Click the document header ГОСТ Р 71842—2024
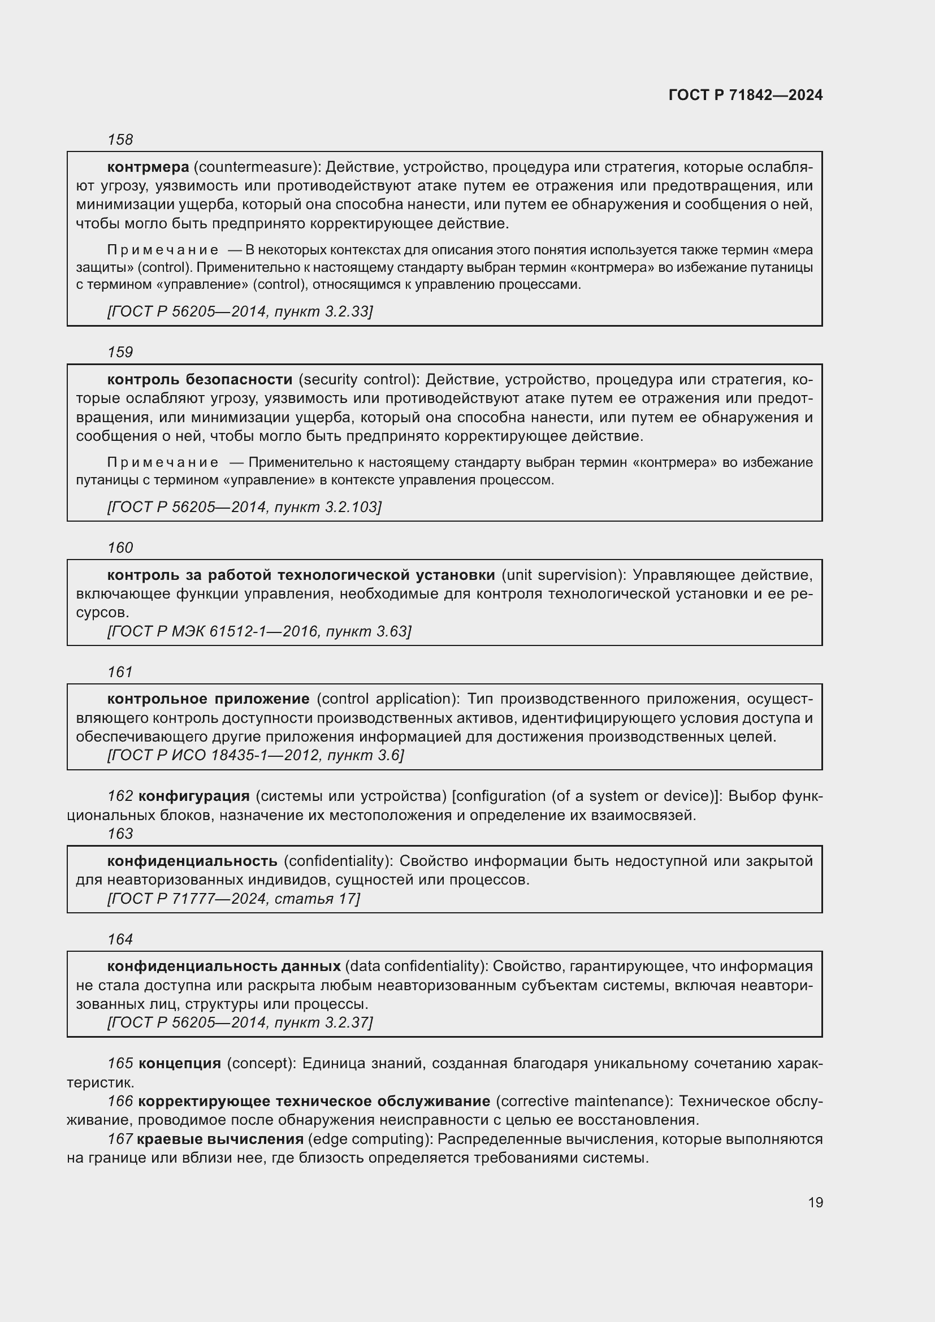tap(745, 96)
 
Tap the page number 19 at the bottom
tap(815, 1202)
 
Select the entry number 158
tap(120, 140)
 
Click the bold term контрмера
tap(148, 167)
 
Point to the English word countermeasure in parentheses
tap(256, 167)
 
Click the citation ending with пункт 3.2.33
tap(240, 311)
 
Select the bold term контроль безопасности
tap(200, 380)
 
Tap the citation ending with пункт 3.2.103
tap(244, 507)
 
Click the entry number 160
tap(120, 548)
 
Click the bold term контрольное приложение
tap(209, 700)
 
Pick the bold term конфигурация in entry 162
tap(194, 796)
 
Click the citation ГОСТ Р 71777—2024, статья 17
tap(233, 899)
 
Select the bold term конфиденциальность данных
tap(224, 966)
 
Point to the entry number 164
tap(120, 940)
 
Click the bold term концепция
tap(180, 1064)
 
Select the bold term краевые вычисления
tap(220, 1139)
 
